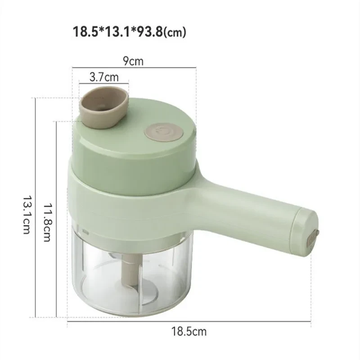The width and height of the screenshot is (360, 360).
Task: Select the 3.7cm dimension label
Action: click(104, 76)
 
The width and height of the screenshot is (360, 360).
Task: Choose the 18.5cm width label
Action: click(189, 332)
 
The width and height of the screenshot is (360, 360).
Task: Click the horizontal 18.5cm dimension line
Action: click(189, 322)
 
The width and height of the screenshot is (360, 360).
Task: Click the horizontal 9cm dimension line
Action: click(135, 68)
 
